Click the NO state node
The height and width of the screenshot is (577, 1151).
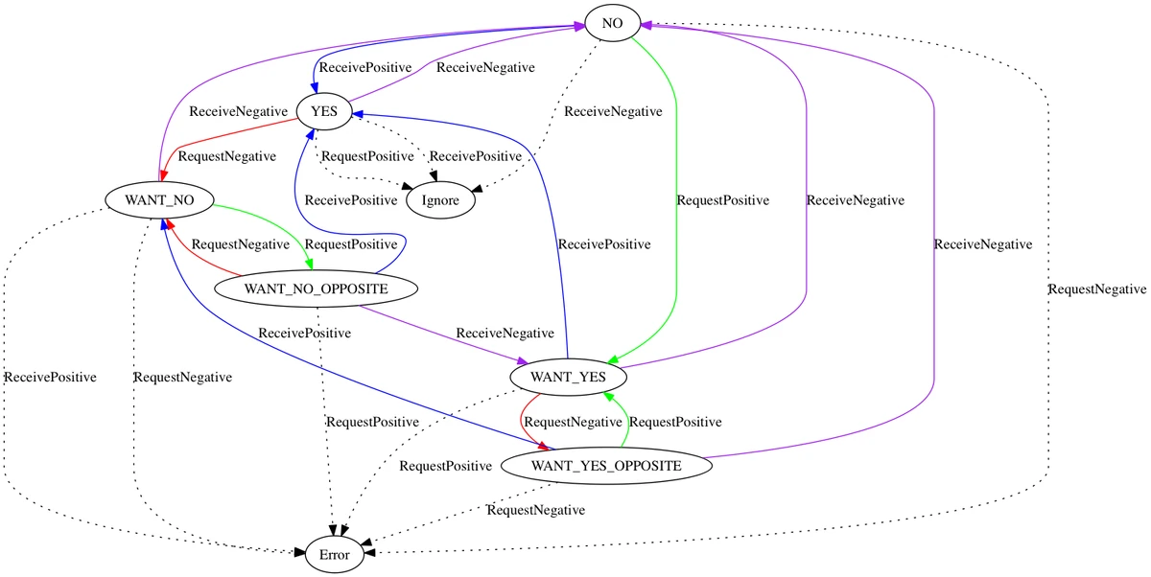(613, 22)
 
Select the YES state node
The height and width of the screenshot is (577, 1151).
(324, 112)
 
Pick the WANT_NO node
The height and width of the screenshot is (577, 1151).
(161, 200)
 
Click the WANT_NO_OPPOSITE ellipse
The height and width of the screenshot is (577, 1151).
(316, 288)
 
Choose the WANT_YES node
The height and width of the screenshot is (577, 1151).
(570, 377)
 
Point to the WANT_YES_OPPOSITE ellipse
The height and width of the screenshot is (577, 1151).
(606, 466)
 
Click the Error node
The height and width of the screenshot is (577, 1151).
(334, 554)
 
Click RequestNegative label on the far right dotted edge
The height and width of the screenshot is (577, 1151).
(1097, 288)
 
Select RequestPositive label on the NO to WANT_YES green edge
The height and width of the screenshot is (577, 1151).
(723, 200)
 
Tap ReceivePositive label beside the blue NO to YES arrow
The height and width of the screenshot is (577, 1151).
(365, 68)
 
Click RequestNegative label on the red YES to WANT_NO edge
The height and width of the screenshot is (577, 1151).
(227, 156)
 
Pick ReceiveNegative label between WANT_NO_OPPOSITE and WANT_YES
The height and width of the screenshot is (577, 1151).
(505, 334)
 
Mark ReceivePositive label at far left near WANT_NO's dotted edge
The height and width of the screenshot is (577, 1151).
(50, 377)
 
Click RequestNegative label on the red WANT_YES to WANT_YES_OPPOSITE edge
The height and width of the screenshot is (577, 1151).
(574, 422)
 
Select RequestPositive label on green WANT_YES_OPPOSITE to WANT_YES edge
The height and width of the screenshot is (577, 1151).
(675, 422)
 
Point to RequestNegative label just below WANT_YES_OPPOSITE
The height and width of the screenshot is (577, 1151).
(535, 510)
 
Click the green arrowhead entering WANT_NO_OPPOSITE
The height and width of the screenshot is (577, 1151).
(309, 265)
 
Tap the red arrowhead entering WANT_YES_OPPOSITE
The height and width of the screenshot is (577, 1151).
(547, 447)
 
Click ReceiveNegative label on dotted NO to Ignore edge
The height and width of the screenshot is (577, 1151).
(613, 112)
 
